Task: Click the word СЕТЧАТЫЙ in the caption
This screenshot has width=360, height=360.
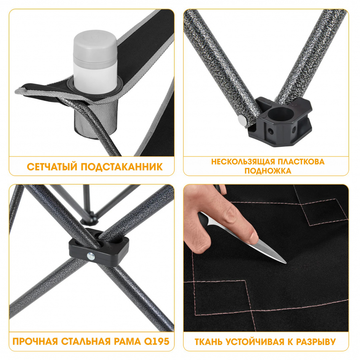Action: point(52,167)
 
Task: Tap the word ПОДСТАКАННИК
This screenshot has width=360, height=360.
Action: point(122,167)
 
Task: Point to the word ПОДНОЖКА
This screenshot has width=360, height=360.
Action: point(268,171)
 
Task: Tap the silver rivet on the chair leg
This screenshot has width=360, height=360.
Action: point(242,119)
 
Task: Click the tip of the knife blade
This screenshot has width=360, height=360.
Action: point(286,263)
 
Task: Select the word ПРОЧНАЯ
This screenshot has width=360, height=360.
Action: point(35,341)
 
